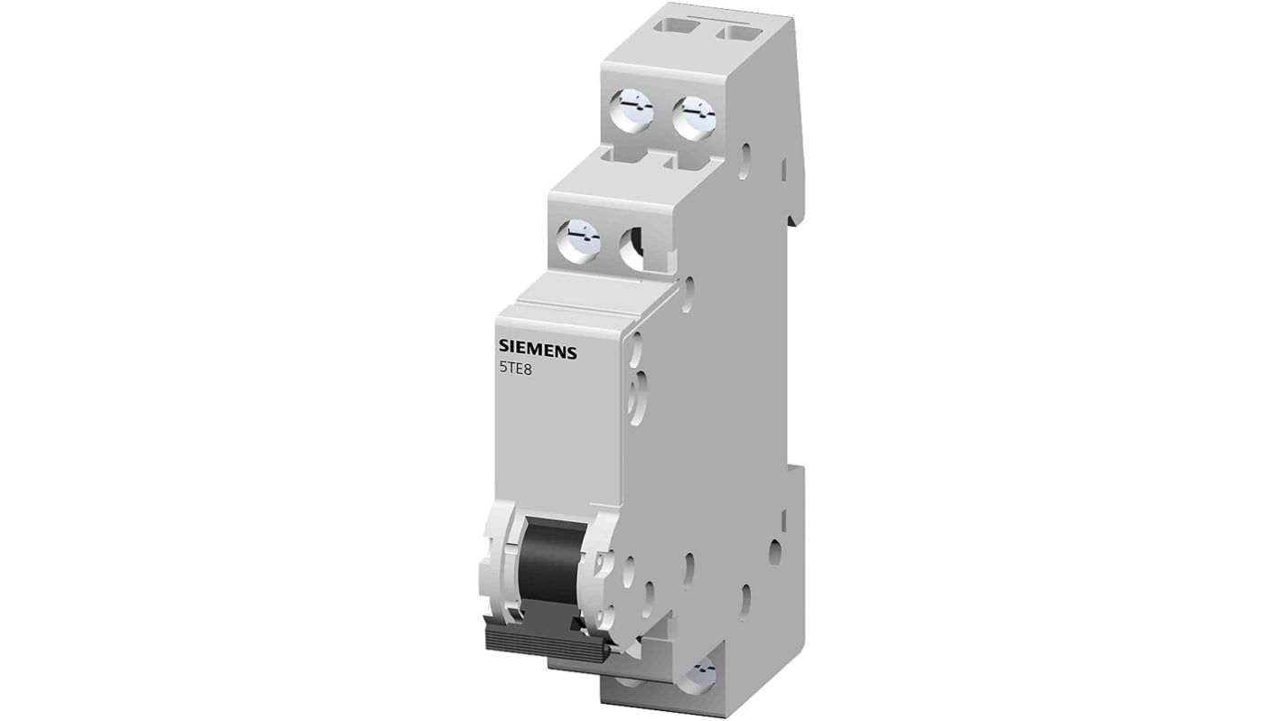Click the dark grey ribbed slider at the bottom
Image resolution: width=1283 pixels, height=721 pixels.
click(x=548, y=640)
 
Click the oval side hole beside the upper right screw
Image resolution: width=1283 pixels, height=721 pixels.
click(x=746, y=160)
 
